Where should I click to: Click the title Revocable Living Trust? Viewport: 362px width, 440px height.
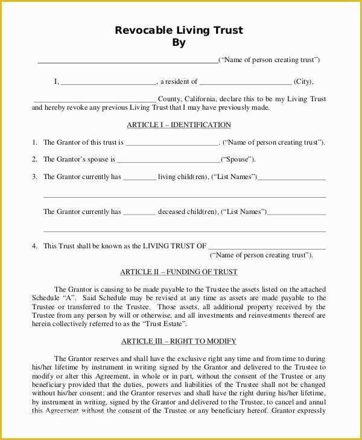tap(179, 30)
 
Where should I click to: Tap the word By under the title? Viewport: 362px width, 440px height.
tap(179, 43)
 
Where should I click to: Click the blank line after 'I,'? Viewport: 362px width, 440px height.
tap(109, 83)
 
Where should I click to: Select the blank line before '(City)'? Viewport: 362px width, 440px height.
tap(245, 83)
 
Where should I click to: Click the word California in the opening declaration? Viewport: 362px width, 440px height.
tap(195, 98)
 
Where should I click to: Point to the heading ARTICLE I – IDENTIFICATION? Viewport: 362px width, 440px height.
tap(179, 125)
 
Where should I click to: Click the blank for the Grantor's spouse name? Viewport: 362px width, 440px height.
tap(168, 160)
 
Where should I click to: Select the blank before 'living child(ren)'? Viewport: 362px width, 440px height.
tap(139, 178)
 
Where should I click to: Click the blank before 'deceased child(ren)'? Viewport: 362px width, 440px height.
tap(139, 213)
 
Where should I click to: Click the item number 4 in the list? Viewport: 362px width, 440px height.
tap(34, 246)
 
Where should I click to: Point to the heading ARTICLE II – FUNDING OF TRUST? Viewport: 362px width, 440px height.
tap(179, 272)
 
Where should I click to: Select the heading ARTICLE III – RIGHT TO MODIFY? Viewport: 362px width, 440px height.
tap(179, 342)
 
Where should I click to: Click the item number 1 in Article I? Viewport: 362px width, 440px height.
tap(34, 143)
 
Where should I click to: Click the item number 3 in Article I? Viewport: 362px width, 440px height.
tap(34, 177)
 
